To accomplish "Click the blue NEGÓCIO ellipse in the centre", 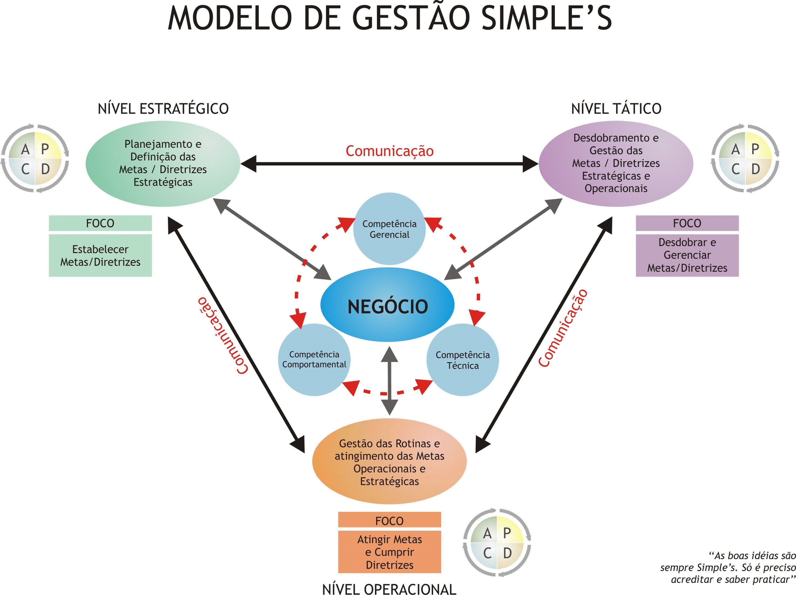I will [387, 305].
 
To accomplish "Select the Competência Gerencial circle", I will [389, 229].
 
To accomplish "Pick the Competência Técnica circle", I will [463, 360].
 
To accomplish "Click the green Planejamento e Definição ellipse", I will [163, 163].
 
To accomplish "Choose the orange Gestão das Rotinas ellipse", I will [389, 462].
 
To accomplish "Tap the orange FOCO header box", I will [389, 520].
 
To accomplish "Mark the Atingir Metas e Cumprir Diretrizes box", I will [389, 552].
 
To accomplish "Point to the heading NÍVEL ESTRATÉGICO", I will [163, 109].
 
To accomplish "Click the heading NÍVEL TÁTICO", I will [616, 109].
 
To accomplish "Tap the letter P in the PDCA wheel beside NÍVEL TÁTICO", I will [755, 149].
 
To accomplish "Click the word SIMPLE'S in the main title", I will [546, 18].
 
